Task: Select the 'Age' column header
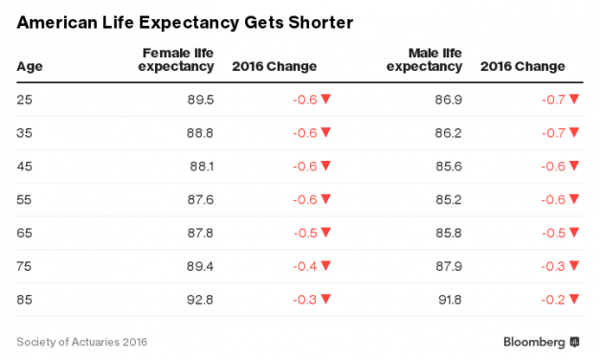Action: [29, 67]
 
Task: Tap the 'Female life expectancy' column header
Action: [178, 59]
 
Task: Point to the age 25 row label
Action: [26, 99]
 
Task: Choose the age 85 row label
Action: [26, 300]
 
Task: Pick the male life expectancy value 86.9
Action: [448, 99]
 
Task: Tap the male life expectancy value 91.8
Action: [448, 300]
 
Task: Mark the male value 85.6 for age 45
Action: [448, 166]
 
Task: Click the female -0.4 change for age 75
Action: [303, 266]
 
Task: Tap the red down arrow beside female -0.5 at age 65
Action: [326, 233]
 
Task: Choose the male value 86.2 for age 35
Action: [448, 132]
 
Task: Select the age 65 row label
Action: [26, 233]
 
